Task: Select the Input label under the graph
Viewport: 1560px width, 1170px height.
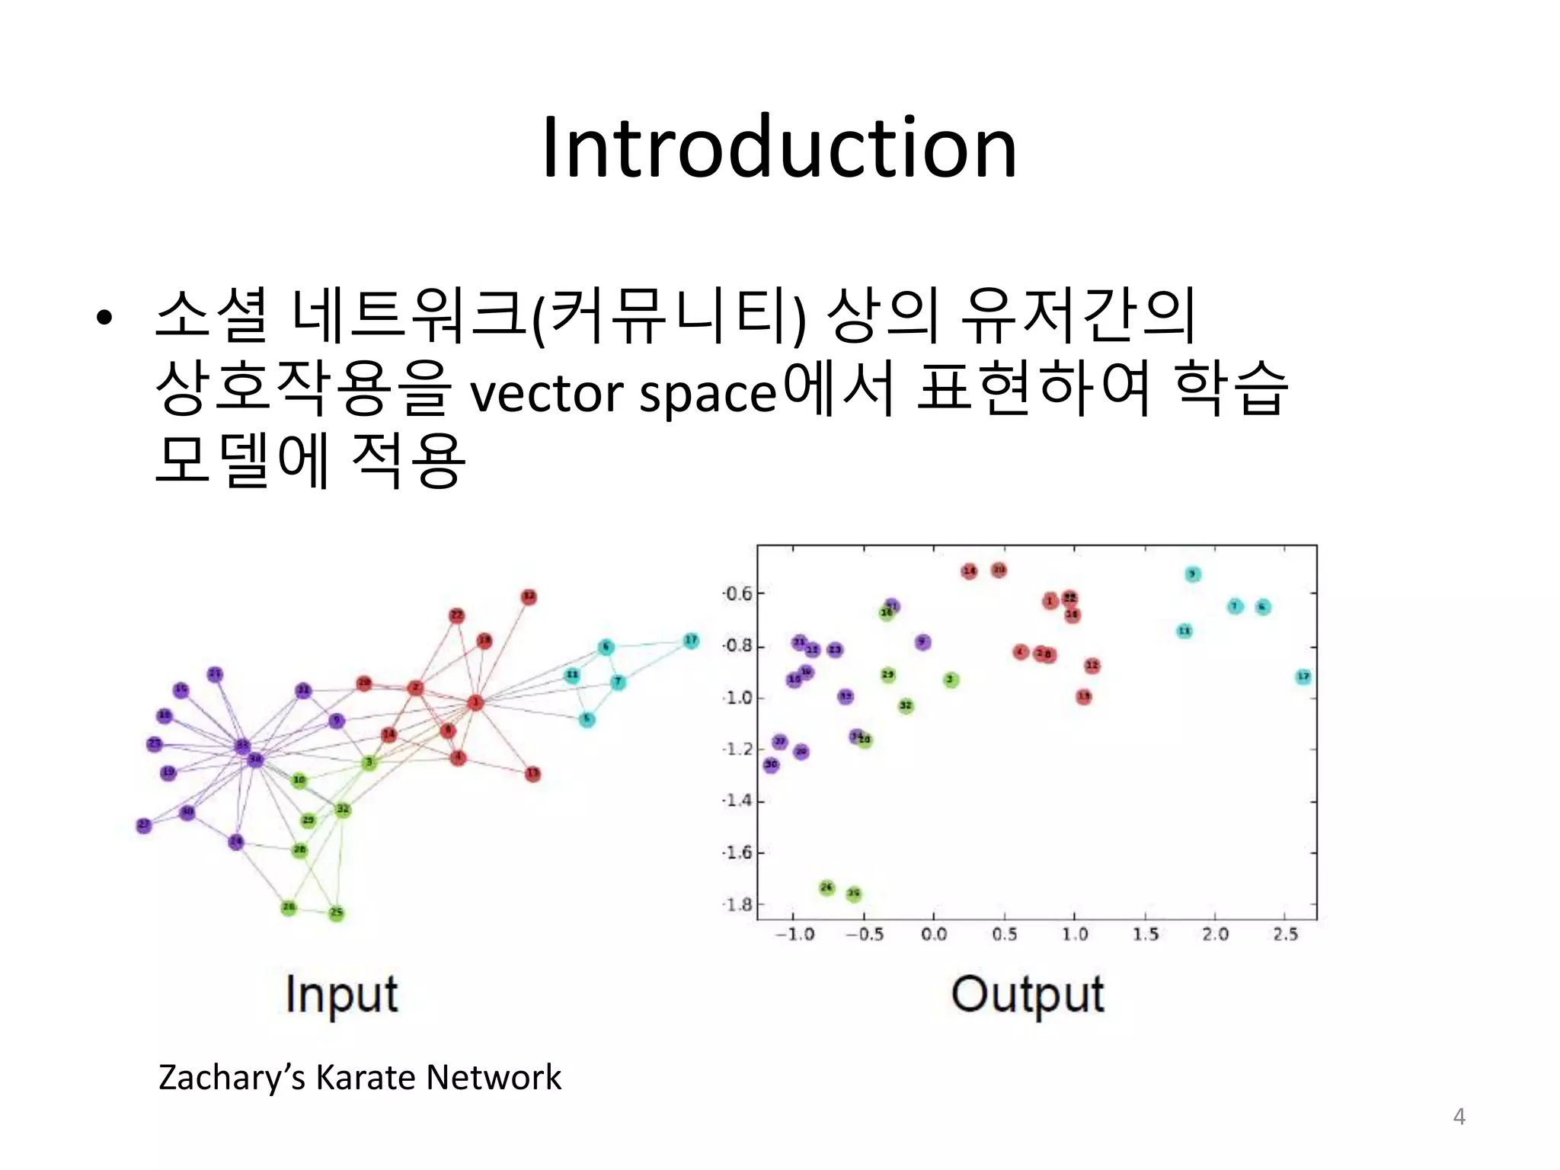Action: pos(341,994)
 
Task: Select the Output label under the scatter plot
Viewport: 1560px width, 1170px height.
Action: pos(1028,994)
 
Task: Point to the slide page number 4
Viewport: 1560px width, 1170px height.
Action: pos(1459,1117)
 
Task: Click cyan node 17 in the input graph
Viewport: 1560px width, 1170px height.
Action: pos(691,641)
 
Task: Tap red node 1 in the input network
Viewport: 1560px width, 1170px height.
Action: pos(475,702)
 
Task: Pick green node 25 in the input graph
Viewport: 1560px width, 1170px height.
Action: pos(336,913)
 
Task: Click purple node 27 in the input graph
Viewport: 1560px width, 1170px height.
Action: pos(144,825)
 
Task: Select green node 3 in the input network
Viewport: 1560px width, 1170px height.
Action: pos(369,762)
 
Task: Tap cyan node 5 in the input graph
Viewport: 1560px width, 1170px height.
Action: pos(586,718)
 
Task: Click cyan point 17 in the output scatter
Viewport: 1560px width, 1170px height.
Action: pos(1303,676)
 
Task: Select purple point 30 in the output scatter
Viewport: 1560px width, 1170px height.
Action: pos(771,764)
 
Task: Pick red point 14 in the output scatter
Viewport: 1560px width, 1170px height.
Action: pos(969,571)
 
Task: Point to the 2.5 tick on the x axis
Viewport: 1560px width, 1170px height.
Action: pos(1285,935)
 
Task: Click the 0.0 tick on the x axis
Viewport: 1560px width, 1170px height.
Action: pos(934,935)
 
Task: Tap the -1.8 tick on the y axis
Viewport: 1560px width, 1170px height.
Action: pos(737,905)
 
